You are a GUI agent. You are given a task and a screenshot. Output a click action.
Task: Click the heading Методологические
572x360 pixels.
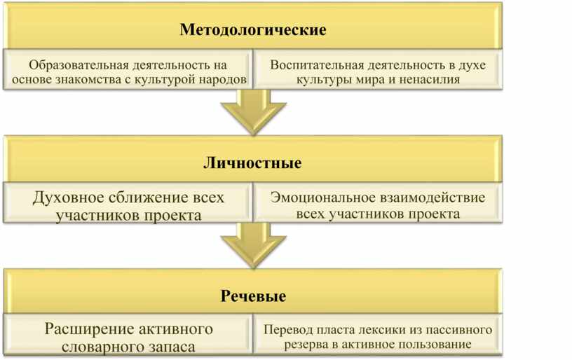click(253, 31)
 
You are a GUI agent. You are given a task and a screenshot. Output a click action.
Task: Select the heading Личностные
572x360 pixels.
click(252, 163)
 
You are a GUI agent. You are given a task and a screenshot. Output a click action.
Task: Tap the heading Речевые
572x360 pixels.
click(253, 296)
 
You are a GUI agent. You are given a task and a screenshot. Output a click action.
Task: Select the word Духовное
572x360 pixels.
click(65, 198)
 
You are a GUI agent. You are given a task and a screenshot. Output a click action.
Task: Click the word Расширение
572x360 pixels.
click(85, 329)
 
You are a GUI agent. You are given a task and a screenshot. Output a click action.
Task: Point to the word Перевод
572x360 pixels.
click(289, 330)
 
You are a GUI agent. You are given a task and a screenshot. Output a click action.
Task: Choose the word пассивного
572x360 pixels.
click(457, 330)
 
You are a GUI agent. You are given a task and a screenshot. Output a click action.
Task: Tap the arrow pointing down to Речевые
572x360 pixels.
click(253, 245)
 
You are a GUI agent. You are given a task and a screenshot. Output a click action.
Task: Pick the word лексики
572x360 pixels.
click(376, 330)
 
